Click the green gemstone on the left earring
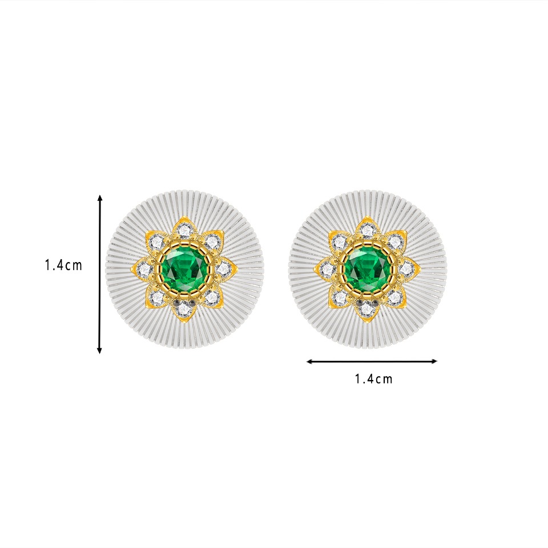(184, 269)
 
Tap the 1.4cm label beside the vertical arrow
(63, 265)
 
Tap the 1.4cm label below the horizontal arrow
(373, 379)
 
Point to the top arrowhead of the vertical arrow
(100, 198)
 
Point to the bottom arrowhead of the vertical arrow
(99, 350)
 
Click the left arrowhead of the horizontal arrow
(309, 361)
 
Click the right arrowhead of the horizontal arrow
(434, 361)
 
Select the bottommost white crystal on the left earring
(183, 309)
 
